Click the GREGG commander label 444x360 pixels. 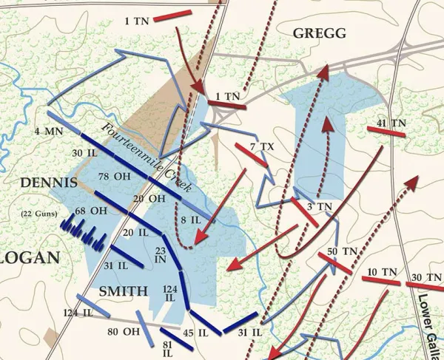[319, 33]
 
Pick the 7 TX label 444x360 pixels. [262, 147]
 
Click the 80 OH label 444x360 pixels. [123, 331]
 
